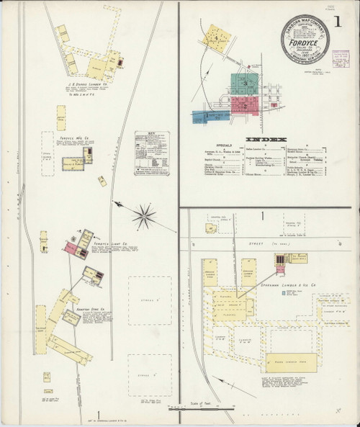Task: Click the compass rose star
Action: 145,213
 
